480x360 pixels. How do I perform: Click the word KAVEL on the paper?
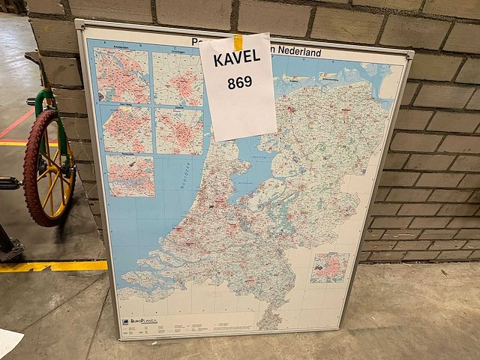(236, 58)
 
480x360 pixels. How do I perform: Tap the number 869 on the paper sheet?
(239, 82)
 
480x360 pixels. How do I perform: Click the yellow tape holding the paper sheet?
(238, 43)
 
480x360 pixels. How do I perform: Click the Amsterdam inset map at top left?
(121, 75)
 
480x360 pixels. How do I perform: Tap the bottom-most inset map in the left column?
(130, 175)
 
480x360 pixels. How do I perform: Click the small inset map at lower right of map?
(330, 267)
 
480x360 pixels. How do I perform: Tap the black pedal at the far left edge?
(7, 183)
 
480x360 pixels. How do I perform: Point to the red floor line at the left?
(15, 124)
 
